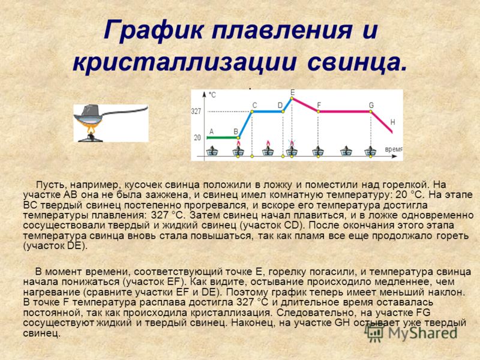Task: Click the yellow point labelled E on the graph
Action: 292,98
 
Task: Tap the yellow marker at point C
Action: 252,112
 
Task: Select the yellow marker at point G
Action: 371,112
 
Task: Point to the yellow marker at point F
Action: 319,112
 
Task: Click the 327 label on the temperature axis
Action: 196,111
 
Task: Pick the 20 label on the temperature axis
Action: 197,138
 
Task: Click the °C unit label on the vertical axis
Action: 212,95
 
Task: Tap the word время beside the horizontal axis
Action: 393,149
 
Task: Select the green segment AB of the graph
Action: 223,138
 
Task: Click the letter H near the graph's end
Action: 393,122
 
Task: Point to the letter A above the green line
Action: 211,131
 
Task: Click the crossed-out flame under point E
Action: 292,143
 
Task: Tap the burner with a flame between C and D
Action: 268,149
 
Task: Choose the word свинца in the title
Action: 356,63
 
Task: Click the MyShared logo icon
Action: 374,333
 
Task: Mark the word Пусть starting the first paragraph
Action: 51,185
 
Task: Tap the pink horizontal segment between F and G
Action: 344,112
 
